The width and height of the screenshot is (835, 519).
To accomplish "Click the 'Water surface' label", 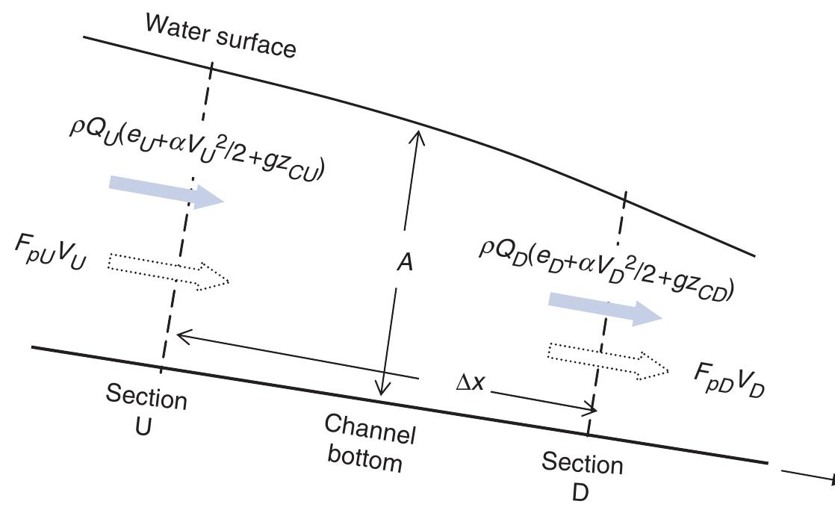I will [x=221, y=35].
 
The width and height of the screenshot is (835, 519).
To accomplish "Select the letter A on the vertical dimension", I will [x=404, y=263].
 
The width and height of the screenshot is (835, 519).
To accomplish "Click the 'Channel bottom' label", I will [x=369, y=443].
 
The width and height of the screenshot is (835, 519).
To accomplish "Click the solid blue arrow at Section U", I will [x=166, y=191].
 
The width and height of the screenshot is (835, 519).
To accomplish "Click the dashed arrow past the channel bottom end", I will [x=807, y=476].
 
